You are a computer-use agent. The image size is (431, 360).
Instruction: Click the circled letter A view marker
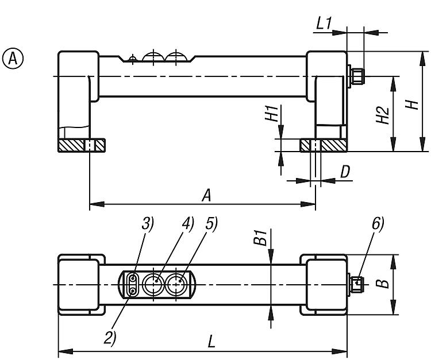(x=13, y=58)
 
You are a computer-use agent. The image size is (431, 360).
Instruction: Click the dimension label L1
(x=324, y=24)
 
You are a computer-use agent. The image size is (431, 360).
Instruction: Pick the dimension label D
(x=345, y=172)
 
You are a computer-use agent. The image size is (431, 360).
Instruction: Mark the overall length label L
(x=211, y=342)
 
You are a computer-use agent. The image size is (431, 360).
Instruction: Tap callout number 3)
(x=148, y=224)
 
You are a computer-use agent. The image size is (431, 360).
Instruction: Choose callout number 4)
(x=188, y=223)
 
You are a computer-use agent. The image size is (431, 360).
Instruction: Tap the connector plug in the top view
(x=356, y=283)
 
